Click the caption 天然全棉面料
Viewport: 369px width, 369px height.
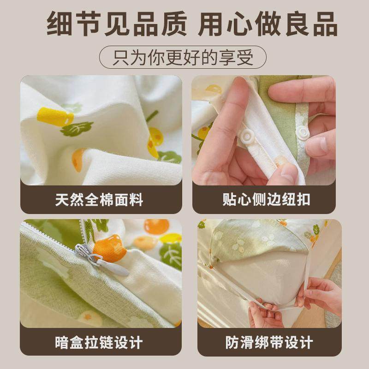(x=99, y=200)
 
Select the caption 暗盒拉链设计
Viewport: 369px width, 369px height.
(x=99, y=343)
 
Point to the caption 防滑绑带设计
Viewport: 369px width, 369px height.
(x=269, y=343)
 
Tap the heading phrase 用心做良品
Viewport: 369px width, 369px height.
(x=268, y=24)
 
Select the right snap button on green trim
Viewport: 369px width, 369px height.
(x=303, y=133)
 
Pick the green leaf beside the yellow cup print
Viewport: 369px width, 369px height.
(x=77, y=129)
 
